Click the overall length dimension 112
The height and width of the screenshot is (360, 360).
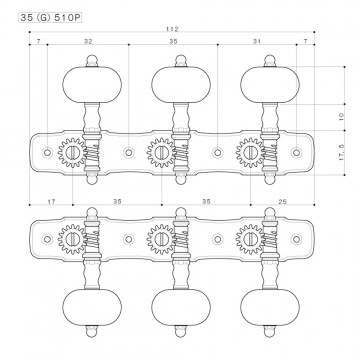coord(175,30)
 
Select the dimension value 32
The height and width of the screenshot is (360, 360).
coord(90,44)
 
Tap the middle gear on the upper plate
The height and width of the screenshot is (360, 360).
coord(162,153)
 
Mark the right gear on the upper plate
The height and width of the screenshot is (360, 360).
coord(249,153)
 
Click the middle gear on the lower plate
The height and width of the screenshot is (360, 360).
coord(162,240)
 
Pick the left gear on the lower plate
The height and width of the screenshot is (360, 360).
coord(74,240)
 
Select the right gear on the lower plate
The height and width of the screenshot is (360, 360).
coord(249,240)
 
